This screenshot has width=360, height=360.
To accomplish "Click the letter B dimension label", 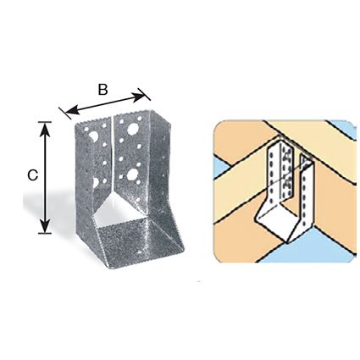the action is pyautogui.click(x=103, y=90).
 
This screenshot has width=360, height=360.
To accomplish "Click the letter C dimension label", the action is pyautogui.click(x=33, y=175).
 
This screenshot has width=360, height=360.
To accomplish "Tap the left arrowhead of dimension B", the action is pyautogui.click(x=72, y=110).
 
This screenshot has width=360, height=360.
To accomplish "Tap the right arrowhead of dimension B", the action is pyautogui.click(x=139, y=97).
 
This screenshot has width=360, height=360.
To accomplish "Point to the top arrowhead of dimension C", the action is pyautogui.click(x=45, y=130).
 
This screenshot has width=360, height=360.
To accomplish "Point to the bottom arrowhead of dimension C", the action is pyautogui.click(x=45, y=225).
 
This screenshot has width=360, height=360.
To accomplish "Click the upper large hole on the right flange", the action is pyautogui.click(x=132, y=129).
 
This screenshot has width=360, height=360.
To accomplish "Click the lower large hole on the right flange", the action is pyautogui.click(x=131, y=174).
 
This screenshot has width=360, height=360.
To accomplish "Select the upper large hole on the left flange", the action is pyautogui.click(x=94, y=136).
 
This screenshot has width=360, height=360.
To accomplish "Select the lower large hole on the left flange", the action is pyautogui.click(x=96, y=182).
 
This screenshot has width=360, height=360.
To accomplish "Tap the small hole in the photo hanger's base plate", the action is pyautogui.click(x=139, y=251).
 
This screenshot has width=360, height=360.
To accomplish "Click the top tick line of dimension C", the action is pyautogui.click(x=45, y=122).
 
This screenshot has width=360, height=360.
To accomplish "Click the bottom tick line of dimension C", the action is pyautogui.click(x=45, y=233).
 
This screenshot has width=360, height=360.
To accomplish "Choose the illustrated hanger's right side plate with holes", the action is pyautogui.click(x=306, y=197).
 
